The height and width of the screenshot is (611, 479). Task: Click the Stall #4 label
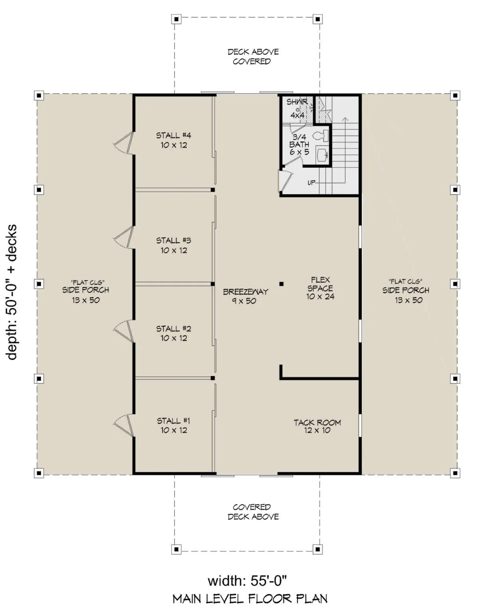coord(174,140)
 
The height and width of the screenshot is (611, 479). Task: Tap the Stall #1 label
coord(174,425)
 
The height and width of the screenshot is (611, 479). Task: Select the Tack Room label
coord(317,426)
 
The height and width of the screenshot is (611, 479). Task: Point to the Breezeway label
coord(245,296)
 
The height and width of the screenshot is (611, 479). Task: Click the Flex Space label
coord(320,288)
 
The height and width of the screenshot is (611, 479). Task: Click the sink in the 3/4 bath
coord(323,154)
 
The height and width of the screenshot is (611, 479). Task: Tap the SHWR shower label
coord(297,102)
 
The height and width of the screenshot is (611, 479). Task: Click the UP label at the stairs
coord(311,183)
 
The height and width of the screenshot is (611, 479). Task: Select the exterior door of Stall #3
coord(124,237)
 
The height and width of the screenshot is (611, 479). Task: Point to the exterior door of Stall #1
coord(123,425)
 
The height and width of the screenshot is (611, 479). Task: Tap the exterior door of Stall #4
coord(124,143)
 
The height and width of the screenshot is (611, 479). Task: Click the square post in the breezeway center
coord(281,284)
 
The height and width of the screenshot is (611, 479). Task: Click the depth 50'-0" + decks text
coord(12,292)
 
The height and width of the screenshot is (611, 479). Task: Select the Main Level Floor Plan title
coord(250,597)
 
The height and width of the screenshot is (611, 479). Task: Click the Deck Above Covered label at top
coord(253,57)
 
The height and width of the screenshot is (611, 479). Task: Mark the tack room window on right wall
coord(360,426)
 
